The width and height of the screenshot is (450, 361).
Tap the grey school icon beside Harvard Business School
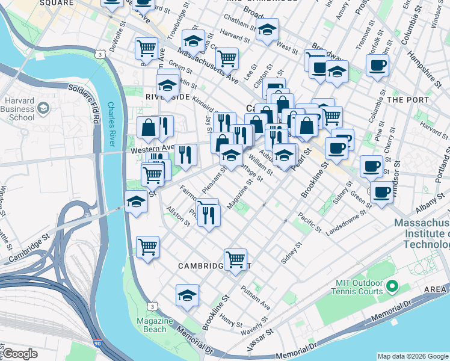click(x=43, y=108)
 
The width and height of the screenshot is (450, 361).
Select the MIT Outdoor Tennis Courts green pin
click(x=392, y=285)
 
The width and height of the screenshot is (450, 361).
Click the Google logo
click(x=20, y=354)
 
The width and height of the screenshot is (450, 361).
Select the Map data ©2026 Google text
click(x=412, y=356)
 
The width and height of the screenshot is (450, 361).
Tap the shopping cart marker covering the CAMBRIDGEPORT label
click(x=236, y=259)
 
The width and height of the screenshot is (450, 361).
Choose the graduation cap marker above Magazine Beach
click(x=188, y=295)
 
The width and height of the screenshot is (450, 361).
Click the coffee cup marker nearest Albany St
click(x=381, y=193)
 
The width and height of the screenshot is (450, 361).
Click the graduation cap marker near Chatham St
click(x=267, y=29)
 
